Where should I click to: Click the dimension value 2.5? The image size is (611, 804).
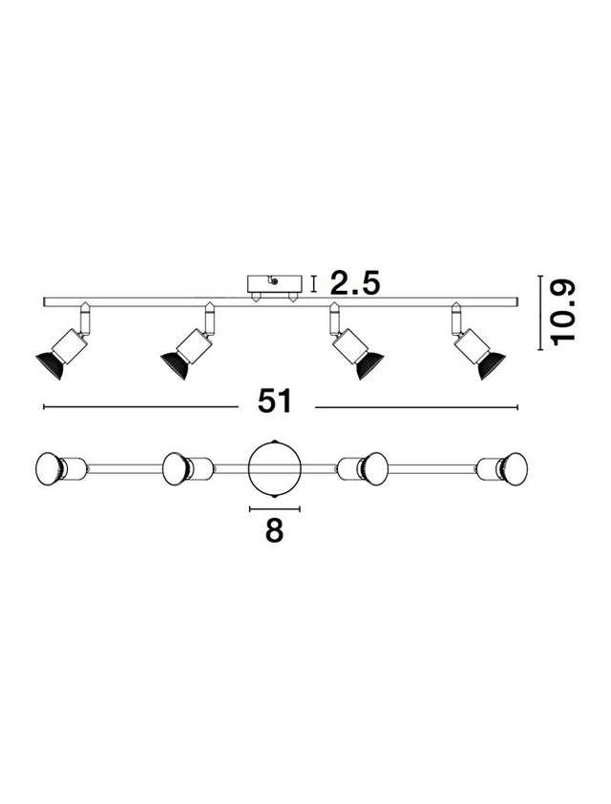(x=355, y=283)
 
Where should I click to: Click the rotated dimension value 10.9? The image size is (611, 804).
(x=562, y=313)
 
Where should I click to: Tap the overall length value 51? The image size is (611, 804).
(x=275, y=401)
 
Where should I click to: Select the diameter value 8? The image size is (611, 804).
(x=274, y=530)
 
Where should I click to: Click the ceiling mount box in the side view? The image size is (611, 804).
(x=273, y=283)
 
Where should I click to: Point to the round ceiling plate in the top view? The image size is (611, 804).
(x=274, y=468)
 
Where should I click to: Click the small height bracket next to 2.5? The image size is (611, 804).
(x=314, y=284)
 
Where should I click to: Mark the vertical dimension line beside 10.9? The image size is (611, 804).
(x=540, y=313)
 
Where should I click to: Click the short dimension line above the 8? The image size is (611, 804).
(x=274, y=508)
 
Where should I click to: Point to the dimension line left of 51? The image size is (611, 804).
(x=140, y=407)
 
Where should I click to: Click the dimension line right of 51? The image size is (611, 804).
(x=416, y=407)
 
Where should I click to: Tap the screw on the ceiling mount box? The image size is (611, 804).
(x=275, y=280)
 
